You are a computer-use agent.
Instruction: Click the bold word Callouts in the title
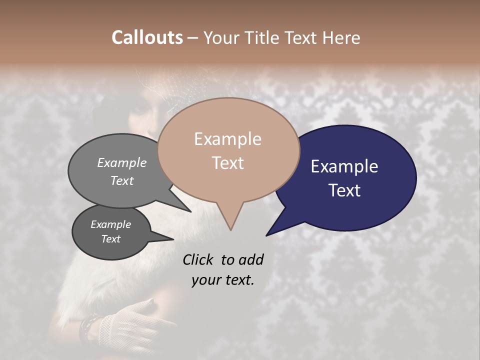[x=147, y=37]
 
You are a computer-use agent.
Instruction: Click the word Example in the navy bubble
[x=344, y=166]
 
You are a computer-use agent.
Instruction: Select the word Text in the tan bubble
[x=228, y=163]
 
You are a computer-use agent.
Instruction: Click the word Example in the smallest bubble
[x=110, y=224]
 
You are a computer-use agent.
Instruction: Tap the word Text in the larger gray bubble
[x=122, y=180]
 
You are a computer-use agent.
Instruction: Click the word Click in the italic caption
[x=198, y=259]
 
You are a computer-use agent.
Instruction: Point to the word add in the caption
[x=250, y=259]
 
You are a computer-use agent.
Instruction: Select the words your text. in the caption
[x=222, y=280]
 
